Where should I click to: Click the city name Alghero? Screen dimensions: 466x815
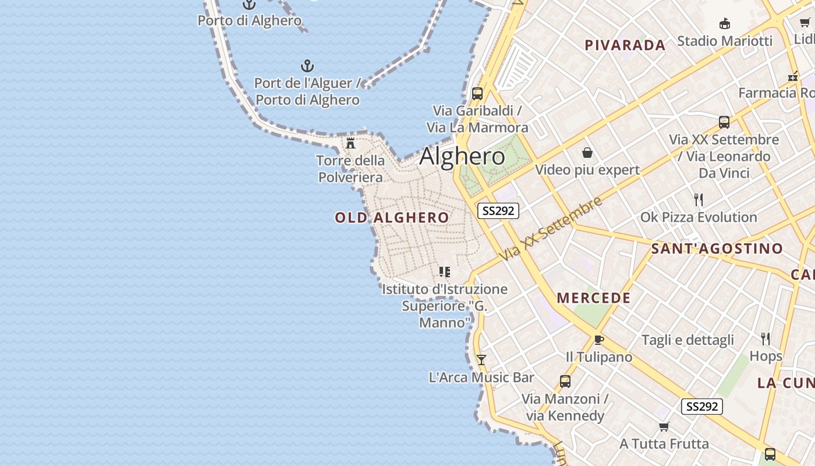[x=462, y=156]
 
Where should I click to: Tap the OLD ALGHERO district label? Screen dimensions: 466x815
[x=392, y=218]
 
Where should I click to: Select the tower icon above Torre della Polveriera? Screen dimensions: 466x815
[x=350, y=143]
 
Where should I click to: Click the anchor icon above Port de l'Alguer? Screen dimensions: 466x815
[x=307, y=66]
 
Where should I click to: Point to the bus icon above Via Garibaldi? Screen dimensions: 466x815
[x=477, y=93]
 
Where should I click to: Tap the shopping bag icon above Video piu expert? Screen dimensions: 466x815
[x=587, y=153]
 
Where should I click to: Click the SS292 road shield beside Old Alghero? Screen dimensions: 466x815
[x=498, y=211]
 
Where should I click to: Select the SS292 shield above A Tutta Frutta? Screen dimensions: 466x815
[x=701, y=407]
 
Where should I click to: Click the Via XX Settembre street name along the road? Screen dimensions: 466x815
[x=551, y=229]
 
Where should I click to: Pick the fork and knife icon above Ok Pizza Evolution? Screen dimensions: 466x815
[x=699, y=200]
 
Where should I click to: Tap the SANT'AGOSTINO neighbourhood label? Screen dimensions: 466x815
[x=717, y=249]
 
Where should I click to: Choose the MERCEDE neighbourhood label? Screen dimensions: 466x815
[x=594, y=298]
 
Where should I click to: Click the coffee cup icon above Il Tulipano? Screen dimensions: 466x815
[x=598, y=340]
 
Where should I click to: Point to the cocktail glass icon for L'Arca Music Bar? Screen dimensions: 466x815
[x=481, y=359]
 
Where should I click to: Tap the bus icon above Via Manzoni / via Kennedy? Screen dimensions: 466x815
[x=565, y=382]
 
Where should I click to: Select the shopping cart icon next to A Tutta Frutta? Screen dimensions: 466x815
[x=664, y=426]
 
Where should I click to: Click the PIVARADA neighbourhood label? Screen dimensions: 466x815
[x=625, y=45]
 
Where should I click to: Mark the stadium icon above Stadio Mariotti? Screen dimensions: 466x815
[x=725, y=24]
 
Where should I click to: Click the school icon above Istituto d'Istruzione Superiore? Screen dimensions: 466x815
[x=445, y=271]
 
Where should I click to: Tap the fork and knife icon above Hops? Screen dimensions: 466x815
[x=766, y=338]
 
